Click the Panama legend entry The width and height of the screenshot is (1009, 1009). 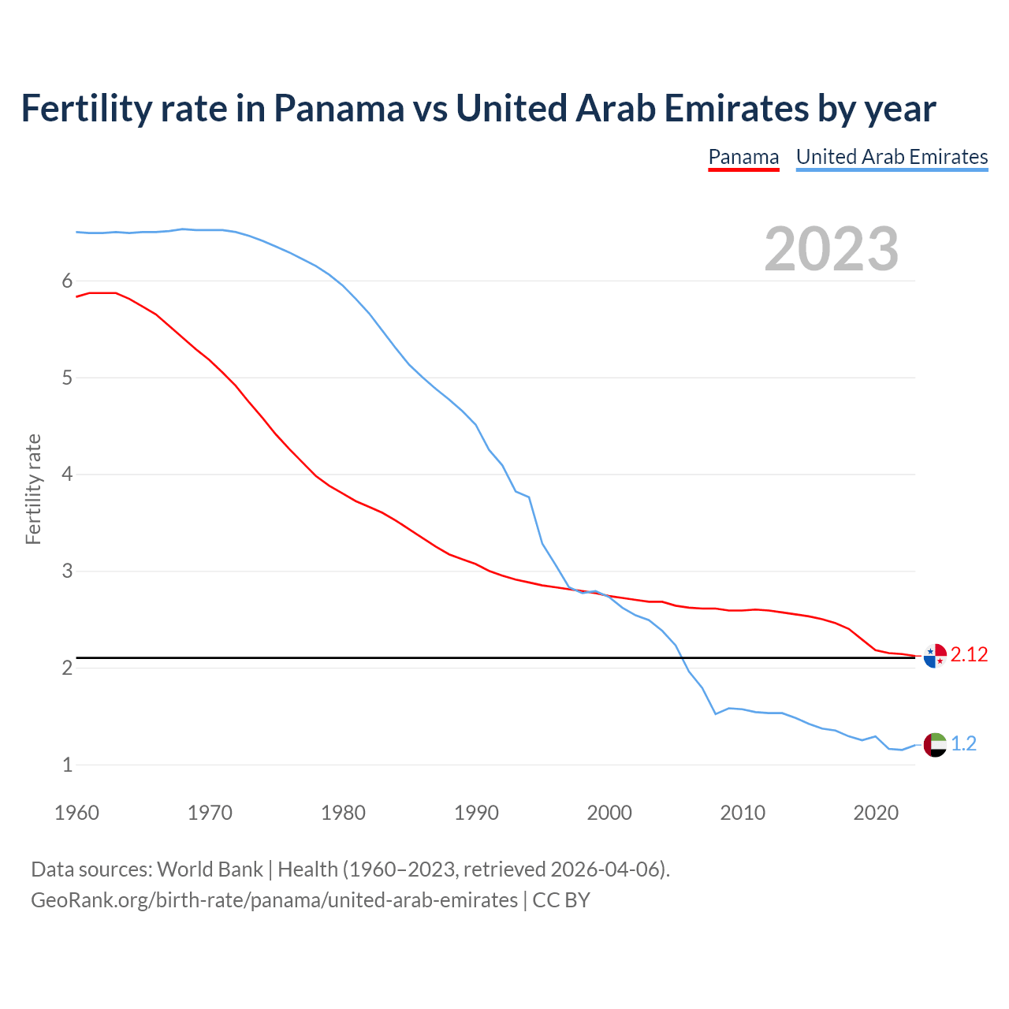tap(743, 157)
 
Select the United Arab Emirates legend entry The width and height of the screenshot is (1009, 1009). tap(892, 157)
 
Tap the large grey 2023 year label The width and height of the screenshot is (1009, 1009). tap(832, 249)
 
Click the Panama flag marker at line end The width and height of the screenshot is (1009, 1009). tap(934, 655)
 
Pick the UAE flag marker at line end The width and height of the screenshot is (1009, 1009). tap(934, 744)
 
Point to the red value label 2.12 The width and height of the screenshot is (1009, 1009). tap(969, 655)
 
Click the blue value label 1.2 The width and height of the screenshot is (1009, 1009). tap(963, 744)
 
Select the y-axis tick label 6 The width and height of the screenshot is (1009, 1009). tap(67, 281)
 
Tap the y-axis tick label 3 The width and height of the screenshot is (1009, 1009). tap(67, 571)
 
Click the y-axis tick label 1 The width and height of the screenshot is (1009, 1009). tap(67, 765)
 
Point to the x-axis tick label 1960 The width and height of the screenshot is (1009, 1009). tap(76, 813)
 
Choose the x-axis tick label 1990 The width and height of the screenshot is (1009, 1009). tap(476, 813)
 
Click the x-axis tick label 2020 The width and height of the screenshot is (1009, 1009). tap(876, 813)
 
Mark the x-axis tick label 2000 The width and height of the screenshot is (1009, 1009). tap(609, 813)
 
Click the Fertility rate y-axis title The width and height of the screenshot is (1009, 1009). tap(33, 489)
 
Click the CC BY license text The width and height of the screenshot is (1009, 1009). tap(561, 900)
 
